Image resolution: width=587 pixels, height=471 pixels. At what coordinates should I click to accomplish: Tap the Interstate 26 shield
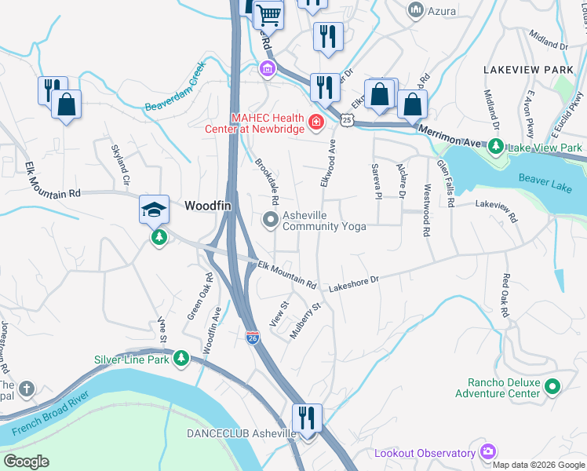252,338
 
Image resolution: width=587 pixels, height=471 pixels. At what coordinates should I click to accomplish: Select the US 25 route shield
348,119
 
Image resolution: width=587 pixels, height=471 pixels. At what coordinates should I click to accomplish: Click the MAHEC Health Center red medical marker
315,122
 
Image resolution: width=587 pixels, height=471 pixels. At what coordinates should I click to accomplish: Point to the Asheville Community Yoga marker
271,220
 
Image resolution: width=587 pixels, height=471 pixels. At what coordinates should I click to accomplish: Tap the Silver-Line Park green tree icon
181,359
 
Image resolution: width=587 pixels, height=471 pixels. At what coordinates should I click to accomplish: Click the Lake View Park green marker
496,147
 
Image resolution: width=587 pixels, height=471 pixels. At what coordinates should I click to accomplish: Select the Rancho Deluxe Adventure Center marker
552,386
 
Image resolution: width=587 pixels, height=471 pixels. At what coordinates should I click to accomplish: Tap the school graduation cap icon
155,209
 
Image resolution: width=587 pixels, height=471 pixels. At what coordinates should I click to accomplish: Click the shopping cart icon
268,14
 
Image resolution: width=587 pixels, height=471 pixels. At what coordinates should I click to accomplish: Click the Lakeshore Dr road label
353,280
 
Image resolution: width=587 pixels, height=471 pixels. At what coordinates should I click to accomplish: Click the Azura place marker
416,10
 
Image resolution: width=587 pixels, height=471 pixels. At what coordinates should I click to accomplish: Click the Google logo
27,462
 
